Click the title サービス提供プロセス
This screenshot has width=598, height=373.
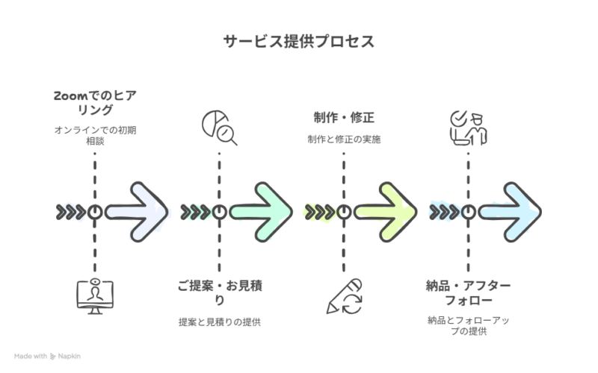tap(299, 42)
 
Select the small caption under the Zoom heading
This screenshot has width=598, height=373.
tap(95, 135)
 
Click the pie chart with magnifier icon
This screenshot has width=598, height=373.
tap(219, 128)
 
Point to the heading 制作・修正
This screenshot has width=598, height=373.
tap(343, 118)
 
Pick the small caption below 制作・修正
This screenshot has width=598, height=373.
tap(343, 139)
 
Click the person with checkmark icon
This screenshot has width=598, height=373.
tap(467, 128)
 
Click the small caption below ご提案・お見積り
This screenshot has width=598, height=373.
tap(219, 322)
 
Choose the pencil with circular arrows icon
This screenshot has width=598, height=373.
tap(344, 296)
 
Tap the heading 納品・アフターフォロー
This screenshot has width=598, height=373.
tap(467, 293)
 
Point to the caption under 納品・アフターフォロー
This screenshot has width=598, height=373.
tap(467, 326)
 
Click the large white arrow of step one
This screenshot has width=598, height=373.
tap(138, 212)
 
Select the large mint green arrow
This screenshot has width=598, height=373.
tap(262, 212)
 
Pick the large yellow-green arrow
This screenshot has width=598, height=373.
tap(386, 212)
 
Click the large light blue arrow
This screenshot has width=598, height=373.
tap(511, 212)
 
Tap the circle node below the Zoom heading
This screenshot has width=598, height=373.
tap(95, 212)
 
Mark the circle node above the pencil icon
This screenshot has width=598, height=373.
tap(343, 212)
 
